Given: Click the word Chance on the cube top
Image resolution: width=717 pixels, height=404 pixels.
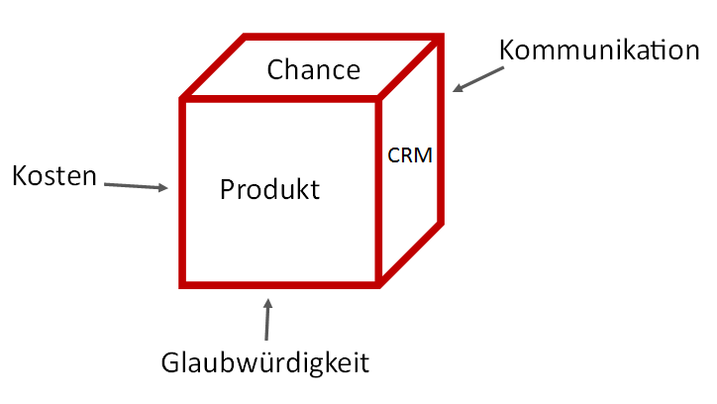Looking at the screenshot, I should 313,69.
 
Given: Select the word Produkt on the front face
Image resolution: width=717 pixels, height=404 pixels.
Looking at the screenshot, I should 269,188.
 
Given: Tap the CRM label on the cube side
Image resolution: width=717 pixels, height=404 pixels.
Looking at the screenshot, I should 410,155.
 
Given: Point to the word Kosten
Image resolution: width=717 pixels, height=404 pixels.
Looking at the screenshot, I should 54,176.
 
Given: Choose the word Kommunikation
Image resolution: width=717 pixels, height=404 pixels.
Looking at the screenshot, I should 599,50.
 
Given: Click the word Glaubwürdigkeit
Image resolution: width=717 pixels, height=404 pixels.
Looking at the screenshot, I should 264,362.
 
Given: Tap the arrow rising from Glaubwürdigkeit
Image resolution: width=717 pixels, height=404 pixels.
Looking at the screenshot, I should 266,318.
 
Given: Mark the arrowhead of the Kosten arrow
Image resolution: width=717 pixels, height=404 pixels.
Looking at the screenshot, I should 163,187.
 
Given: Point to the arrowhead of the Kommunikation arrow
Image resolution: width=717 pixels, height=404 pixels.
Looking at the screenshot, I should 458,89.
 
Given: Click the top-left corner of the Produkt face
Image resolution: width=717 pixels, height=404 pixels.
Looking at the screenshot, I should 182,99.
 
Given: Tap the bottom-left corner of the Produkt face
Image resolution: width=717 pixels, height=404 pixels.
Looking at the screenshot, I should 182,284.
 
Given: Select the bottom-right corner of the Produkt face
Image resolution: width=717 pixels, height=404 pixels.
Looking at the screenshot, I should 377,284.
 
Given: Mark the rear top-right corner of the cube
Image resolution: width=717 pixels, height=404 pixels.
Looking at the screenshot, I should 441,37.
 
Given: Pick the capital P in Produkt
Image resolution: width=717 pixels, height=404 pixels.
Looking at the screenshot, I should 227,188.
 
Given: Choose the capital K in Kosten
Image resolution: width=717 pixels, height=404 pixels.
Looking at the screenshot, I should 19,176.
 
